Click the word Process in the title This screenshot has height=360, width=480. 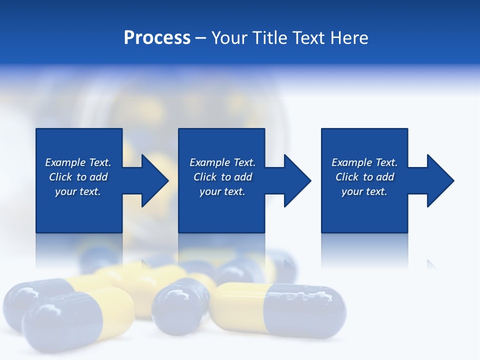pyautogui.click(x=157, y=38)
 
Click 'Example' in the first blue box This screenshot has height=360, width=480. pyautogui.click(x=65, y=162)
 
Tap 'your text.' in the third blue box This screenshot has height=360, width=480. pyautogui.click(x=364, y=191)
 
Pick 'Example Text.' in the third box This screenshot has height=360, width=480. pyautogui.click(x=364, y=162)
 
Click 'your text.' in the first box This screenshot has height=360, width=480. pyautogui.click(x=77, y=191)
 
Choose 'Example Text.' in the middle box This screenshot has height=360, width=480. pyautogui.click(x=222, y=162)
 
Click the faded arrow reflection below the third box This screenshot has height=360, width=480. pyautogui.click(x=431, y=264)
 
